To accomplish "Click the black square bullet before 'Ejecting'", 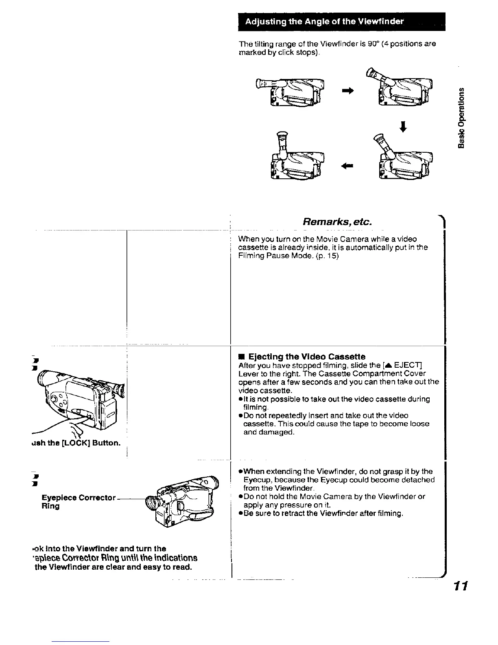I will (x=241, y=357).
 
